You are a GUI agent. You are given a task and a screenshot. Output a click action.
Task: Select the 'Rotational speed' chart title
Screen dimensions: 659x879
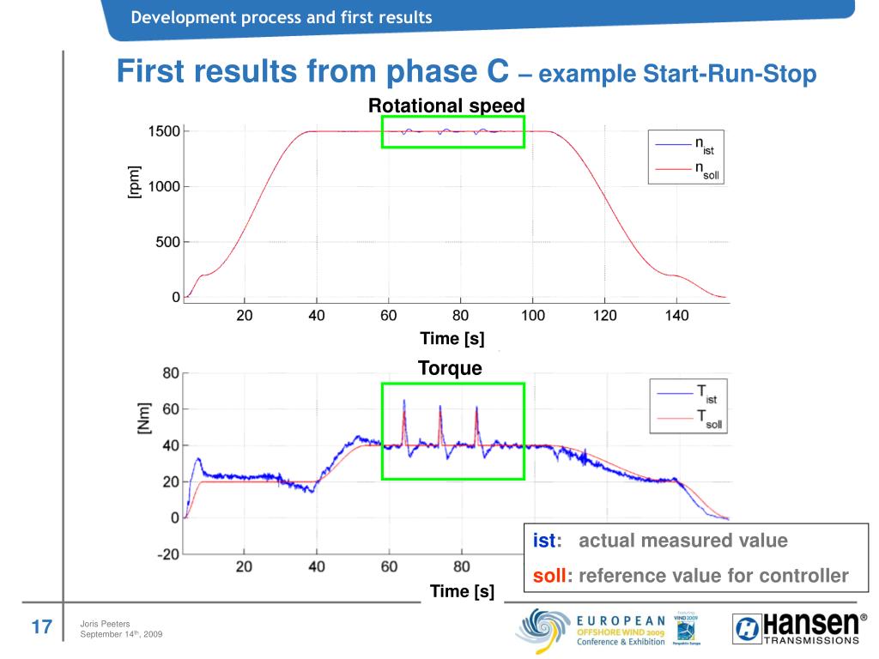tap(446, 106)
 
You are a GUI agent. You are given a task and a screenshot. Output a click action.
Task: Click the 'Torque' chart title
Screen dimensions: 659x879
tap(450, 368)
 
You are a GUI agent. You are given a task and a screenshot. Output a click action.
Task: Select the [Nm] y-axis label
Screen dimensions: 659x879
tap(143, 418)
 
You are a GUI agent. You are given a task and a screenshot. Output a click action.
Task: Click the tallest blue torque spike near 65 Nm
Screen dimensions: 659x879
tap(404, 402)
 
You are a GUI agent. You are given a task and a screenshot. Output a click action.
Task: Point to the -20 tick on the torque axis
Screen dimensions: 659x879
tap(167, 554)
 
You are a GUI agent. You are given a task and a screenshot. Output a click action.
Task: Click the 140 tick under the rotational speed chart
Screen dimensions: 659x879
tap(676, 316)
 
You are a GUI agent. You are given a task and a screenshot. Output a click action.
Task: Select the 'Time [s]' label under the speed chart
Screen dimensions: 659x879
tap(452, 339)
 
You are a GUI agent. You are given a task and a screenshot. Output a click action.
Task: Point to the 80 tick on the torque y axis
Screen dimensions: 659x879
tap(170, 373)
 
